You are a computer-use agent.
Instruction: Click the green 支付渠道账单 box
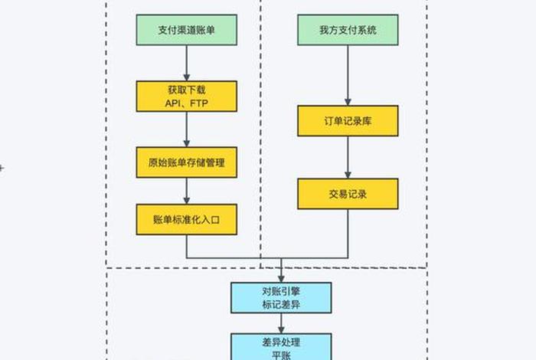[x=187, y=31]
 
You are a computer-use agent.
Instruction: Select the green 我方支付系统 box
[x=348, y=31]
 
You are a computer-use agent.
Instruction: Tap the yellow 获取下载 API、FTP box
[x=187, y=97]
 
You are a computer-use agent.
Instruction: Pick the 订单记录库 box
[x=348, y=121]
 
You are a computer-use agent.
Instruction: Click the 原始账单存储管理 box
[x=187, y=162]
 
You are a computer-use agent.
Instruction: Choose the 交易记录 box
[x=348, y=194]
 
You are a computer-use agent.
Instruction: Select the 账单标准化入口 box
[x=187, y=219]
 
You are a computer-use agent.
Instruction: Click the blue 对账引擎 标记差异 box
[x=281, y=297]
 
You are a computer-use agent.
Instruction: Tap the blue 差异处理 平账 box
[x=281, y=345]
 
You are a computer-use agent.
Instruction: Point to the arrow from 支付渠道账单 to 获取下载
[x=187, y=63]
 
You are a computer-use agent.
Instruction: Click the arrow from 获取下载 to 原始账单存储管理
[x=187, y=129]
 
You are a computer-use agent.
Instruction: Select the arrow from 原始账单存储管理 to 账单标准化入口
[x=187, y=191]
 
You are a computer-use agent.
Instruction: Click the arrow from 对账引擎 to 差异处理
[x=281, y=322]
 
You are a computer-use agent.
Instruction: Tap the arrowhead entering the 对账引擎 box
[x=281, y=278]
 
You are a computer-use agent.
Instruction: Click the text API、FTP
[x=187, y=103]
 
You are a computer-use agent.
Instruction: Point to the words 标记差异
[x=281, y=305]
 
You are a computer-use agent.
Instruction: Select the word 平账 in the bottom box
[x=281, y=354]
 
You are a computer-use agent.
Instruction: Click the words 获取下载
[x=187, y=90]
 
